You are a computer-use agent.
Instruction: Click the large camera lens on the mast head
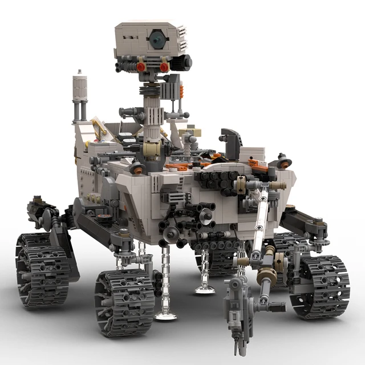[156, 39]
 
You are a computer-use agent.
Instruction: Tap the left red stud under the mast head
[140, 67]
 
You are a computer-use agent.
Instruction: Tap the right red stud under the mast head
[164, 67]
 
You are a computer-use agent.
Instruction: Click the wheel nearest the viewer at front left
[124, 302]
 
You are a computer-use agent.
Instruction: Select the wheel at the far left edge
[43, 268]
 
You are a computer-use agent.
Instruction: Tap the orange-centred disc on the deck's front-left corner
[137, 168]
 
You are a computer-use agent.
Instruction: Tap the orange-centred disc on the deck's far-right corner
[283, 163]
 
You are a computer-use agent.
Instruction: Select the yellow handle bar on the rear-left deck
[100, 131]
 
